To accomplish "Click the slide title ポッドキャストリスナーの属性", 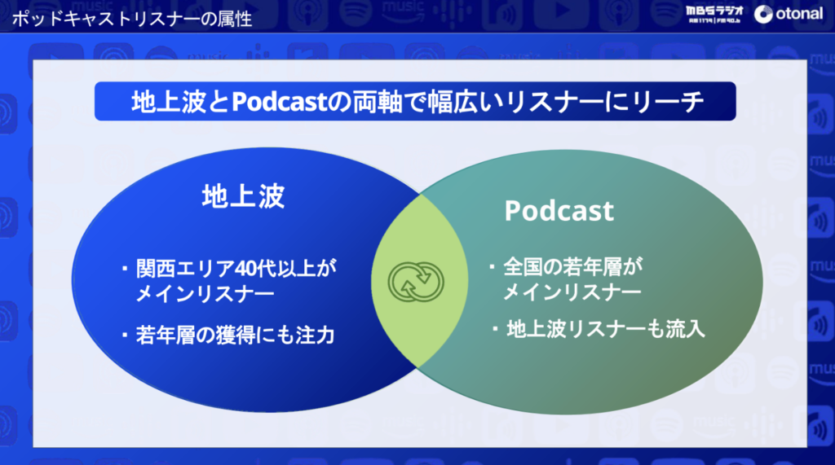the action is point(131,20).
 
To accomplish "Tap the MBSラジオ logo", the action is point(714,15).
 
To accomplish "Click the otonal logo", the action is point(789,15).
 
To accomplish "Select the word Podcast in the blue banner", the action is point(279,101).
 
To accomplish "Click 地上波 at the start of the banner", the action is point(168,101).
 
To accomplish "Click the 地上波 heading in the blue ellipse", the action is point(243,196).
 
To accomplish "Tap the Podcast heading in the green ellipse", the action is point(559,211).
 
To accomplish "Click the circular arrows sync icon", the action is point(416,282).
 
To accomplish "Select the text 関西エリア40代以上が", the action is point(236,268).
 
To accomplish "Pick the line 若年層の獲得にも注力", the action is point(235,336).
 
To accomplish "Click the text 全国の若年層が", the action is point(573,266).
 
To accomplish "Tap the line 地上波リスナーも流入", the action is point(606,329).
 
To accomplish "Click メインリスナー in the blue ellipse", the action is point(205,294).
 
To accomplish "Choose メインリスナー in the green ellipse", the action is point(572,292).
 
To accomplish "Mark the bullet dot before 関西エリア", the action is point(125,268).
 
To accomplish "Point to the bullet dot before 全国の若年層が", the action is point(492,266).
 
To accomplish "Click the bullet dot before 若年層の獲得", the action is point(125,336).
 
